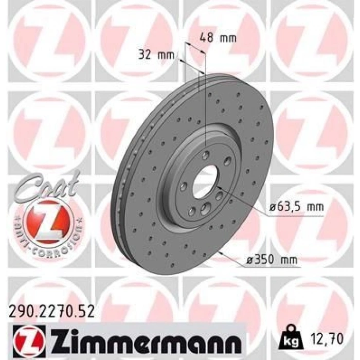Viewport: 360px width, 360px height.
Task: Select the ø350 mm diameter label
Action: pos(272,261)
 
